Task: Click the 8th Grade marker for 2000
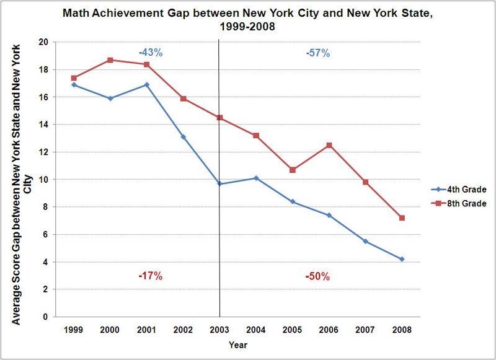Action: pyautogui.click(x=110, y=60)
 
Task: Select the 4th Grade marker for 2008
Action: pyautogui.click(x=402, y=259)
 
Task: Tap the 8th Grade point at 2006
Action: pyautogui.click(x=329, y=145)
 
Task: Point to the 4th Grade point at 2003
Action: pyautogui.click(x=219, y=184)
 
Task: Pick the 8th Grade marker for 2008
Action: pyautogui.click(x=402, y=218)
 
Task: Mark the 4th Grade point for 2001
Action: pyautogui.click(x=147, y=85)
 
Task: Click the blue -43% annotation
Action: pyautogui.click(x=151, y=53)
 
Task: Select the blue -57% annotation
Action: pyautogui.click(x=317, y=53)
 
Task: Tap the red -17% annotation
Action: pyautogui.click(x=151, y=276)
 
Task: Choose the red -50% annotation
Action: pyautogui.click(x=317, y=276)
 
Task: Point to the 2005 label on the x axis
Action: pyautogui.click(x=293, y=328)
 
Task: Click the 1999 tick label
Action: pyautogui.click(x=74, y=328)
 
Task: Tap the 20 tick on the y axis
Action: pyautogui.click(x=45, y=42)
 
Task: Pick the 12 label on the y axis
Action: pyautogui.click(x=45, y=152)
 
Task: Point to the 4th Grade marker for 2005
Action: pyautogui.click(x=293, y=202)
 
